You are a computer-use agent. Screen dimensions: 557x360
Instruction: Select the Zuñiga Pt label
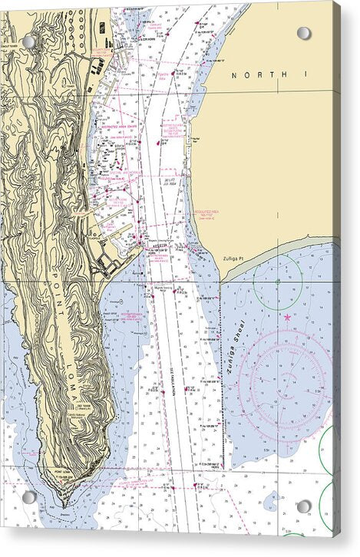(x=232, y=259)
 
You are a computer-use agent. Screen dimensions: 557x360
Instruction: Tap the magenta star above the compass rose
(x=287, y=317)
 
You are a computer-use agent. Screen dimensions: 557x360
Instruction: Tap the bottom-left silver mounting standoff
(x=28, y=497)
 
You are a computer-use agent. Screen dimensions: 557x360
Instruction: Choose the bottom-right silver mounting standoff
(x=304, y=506)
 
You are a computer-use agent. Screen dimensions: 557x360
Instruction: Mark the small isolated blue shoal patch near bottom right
(x=269, y=503)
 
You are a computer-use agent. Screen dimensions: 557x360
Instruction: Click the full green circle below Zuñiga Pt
(x=278, y=283)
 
